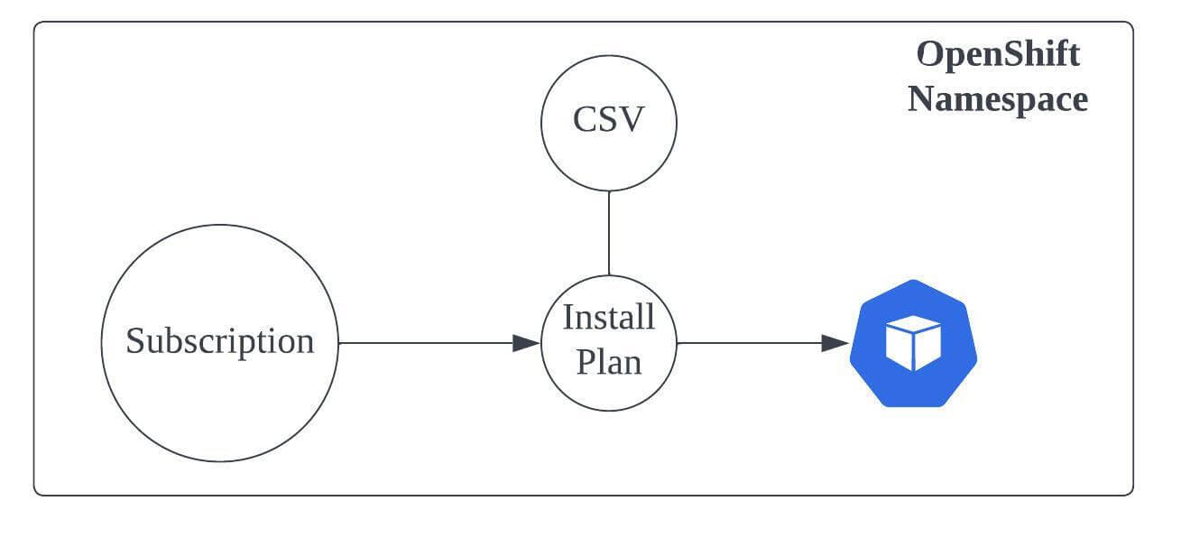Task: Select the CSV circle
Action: [x=609, y=153]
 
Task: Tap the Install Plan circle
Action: [x=609, y=388]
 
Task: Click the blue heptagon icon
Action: [x=913, y=379]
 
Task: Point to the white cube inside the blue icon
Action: [x=913, y=344]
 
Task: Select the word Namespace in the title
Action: [x=998, y=98]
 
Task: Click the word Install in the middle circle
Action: [x=609, y=318]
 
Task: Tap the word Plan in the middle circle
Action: [x=609, y=362]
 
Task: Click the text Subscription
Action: [x=219, y=341]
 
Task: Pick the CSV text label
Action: [x=609, y=119]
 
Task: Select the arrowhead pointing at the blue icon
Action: [x=835, y=343]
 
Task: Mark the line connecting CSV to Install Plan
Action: [x=609, y=233]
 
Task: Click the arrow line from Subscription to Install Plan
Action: [x=424, y=343]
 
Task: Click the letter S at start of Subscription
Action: [x=134, y=341]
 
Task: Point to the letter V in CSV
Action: [x=633, y=119]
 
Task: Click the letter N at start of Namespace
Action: [x=920, y=98]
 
